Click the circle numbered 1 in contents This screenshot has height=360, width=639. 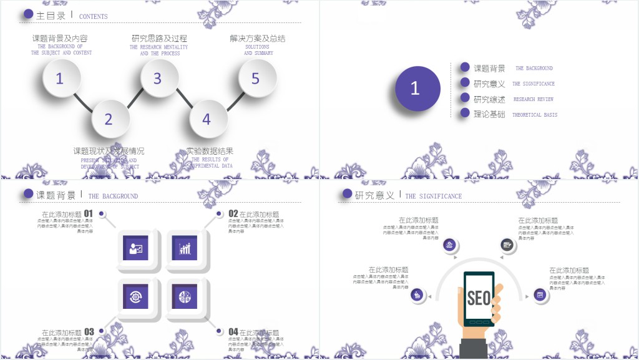pos(60,79)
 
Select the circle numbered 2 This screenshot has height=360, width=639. pos(109,119)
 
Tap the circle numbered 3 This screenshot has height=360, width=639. pos(158,79)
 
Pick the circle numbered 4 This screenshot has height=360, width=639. pos(207,119)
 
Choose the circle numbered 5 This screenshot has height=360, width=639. pos(256,79)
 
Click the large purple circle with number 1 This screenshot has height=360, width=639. pos(415,89)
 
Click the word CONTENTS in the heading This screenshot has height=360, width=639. pos(94,17)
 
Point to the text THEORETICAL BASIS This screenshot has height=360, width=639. pos(535,115)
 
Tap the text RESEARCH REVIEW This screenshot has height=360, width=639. pos(534,99)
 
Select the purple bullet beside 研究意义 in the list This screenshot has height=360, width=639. pos(464,82)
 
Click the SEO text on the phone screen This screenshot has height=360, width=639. pos(479,298)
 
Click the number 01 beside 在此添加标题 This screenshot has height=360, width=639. pos(89,213)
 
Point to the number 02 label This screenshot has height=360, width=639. pos(233,213)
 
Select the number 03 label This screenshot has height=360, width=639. pos(89,332)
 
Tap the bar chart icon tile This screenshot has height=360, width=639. pos(185,248)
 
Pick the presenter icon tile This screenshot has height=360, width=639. pos(136,248)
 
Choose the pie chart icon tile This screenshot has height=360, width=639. pos(185,297)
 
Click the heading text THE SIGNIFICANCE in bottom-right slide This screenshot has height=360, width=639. pos(434,196)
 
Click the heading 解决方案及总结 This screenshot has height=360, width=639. pos(257,39)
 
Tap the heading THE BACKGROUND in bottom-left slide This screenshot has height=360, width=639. pos(113,196)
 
